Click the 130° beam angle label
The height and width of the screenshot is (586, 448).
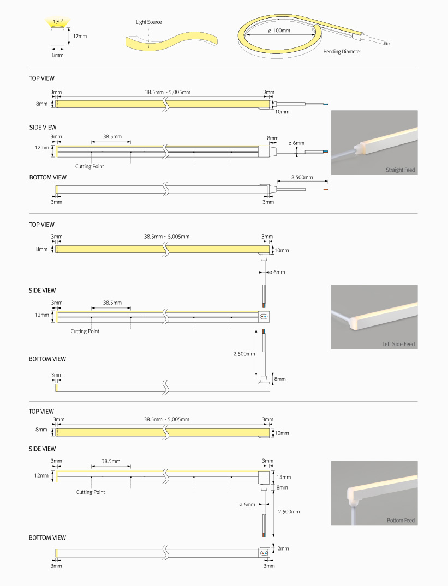tap(58, 22)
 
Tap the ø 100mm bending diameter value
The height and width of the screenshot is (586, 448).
tap(279, 31)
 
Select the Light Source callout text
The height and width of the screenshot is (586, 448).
tap(149, 22)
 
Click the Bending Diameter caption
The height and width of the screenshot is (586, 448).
tap(342, 52)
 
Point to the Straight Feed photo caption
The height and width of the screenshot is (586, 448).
tap(400, 170)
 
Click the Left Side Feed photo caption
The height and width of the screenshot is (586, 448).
tap(398, 344)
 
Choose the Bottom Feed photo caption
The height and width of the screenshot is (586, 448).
tap(401, 520)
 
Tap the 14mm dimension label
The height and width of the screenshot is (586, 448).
tap(284, 477)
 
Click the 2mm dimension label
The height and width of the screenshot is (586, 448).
tap(283, 548)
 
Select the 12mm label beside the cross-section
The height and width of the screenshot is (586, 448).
tap(80, 37)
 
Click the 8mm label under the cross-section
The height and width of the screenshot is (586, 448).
tap(58, 55)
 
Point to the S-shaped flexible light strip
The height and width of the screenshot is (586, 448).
tap(172, 41)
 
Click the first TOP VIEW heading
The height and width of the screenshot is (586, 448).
tap(42, 78)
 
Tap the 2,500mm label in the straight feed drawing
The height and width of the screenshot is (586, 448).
tap(302, 177)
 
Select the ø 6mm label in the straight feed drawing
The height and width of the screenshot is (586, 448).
tap(296, 143)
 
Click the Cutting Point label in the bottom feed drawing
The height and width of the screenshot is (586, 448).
tap(91, 492)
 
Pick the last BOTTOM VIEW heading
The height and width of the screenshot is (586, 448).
tap(47, 537)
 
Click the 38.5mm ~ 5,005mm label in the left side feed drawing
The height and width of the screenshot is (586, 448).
tap(167, 237)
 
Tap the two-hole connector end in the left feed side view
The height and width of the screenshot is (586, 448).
tap(264, 317)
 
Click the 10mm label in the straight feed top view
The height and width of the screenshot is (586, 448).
tap(282, 112)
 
